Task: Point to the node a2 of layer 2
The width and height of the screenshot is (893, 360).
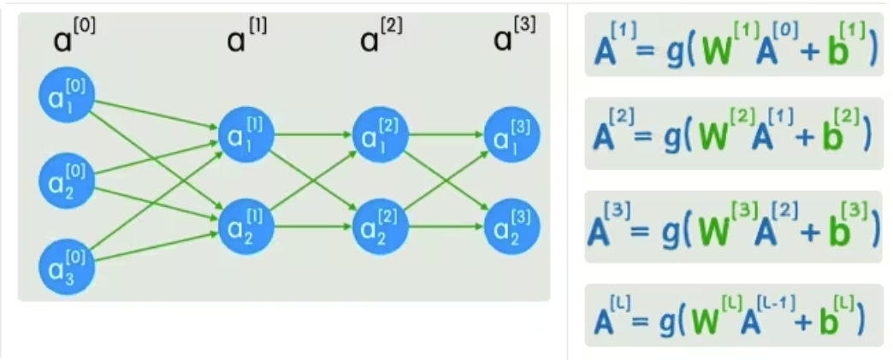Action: (x=380, y=227)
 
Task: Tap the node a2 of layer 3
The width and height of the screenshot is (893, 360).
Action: (x=512, y=227)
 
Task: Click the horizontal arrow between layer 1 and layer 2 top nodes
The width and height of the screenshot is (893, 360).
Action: (x=312, y=134)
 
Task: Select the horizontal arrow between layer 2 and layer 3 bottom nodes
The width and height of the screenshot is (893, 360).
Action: (x=446, y=227)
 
